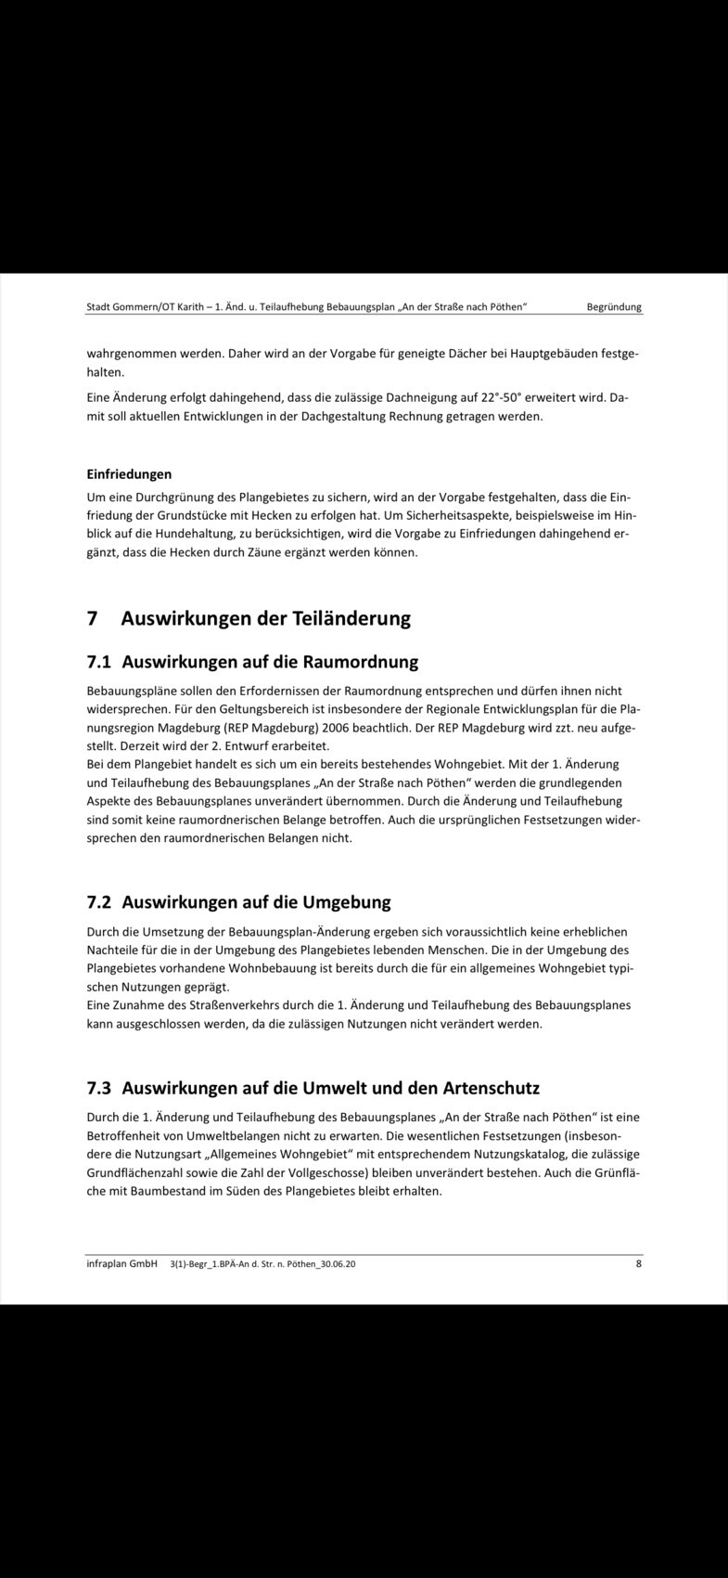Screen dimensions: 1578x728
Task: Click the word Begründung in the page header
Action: (614, 307)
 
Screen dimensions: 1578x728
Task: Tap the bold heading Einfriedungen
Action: (129, 474)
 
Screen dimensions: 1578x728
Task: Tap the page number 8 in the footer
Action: (639, 1263)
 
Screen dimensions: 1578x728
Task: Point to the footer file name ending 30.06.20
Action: (263, 1264)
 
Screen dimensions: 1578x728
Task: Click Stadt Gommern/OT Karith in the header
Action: (142, 307)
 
